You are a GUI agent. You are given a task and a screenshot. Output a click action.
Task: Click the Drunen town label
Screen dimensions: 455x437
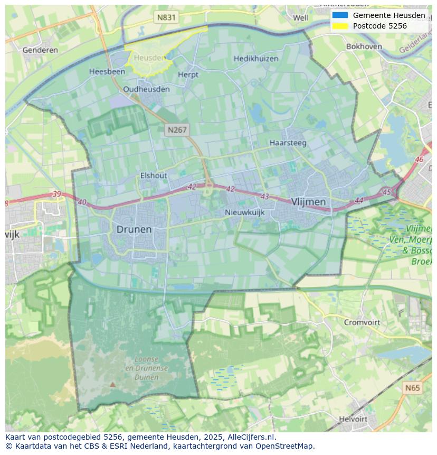point(134,229)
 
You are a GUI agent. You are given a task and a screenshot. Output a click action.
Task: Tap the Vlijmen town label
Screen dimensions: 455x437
point(308,202)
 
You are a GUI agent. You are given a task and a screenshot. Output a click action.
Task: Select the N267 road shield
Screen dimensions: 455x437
point(177,129)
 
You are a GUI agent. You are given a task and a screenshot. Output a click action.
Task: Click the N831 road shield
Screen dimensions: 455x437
point(166,17)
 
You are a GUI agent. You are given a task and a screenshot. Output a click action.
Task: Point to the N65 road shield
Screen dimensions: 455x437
point(413,388)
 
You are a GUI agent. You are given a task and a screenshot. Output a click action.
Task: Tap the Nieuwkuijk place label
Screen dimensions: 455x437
point(244,212)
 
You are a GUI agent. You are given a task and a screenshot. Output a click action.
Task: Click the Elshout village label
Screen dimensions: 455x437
point(154,175)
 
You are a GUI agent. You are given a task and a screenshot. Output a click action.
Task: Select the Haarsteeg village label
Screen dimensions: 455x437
point(288,143)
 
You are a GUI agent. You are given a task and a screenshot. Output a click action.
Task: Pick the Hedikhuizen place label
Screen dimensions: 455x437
point(256,59)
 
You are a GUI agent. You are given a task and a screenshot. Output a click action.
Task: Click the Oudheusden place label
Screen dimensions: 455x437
point(146,89)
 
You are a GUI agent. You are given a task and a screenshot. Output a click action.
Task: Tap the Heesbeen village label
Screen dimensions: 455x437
point(107,71)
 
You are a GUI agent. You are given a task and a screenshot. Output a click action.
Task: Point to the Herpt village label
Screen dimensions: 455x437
point(188,75)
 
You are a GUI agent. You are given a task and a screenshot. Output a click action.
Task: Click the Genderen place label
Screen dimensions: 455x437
point(40,50)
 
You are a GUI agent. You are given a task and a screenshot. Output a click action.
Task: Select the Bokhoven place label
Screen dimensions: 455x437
point(364,47)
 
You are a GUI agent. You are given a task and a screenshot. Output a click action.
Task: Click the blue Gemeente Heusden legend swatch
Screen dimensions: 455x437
point(340,15)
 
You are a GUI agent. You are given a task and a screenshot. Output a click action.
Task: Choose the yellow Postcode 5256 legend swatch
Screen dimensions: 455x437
point(340,26)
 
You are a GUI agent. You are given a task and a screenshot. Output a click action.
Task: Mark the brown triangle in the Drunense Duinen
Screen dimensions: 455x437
point(112,385)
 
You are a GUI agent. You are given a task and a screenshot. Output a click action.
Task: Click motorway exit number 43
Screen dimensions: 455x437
point(265,197)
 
